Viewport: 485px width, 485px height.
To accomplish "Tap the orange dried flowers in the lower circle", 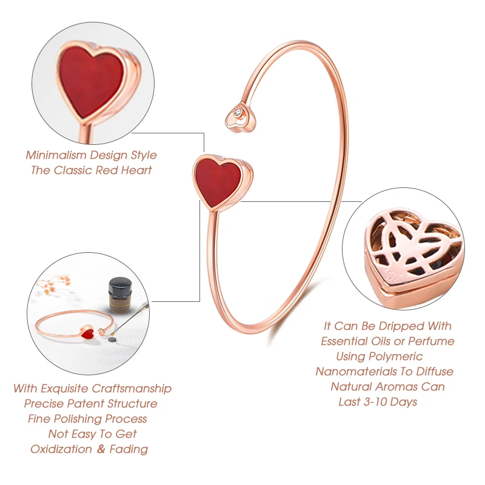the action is tap(59, 281).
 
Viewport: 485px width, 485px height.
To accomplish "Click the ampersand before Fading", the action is tap(102, 449).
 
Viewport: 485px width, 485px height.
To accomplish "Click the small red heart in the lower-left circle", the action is tap(87, 332).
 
